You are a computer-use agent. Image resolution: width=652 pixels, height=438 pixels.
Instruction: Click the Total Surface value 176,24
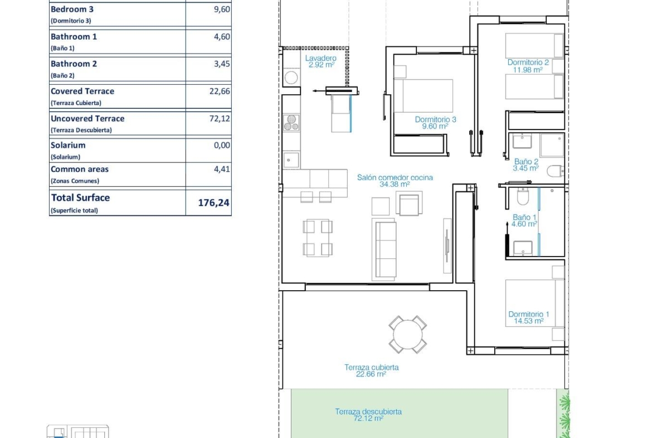click(x=213, y=203)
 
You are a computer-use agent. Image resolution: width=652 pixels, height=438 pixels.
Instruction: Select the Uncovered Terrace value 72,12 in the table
click(x=220, y=119)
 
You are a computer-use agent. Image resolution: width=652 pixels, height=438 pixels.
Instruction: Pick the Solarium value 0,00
click(x=222, y=145)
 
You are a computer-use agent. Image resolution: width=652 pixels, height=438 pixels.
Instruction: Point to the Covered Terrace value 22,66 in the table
click(x=220, y=91)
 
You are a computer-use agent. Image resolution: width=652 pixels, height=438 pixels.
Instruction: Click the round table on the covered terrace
click(x=408, y=334)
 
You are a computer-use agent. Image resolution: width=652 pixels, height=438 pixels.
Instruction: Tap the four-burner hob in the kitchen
click(x=291, y=122)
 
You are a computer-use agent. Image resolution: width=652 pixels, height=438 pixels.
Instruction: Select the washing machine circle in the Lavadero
click(x=291, y=78)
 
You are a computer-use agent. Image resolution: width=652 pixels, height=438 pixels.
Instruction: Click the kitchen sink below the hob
click(x=291, y=160)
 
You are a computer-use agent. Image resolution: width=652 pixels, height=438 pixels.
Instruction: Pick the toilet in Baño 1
click(x=523, y=196)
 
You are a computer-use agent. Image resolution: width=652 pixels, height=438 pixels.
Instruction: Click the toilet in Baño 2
click(x=555, y=171)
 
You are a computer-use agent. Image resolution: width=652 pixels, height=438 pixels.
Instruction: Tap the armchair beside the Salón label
click(x=409, y=204)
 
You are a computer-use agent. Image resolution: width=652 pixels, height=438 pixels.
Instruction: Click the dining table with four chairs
click(x=318, y=238)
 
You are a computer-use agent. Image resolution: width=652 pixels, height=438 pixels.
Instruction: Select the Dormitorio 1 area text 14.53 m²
click(x=528, y=321)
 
